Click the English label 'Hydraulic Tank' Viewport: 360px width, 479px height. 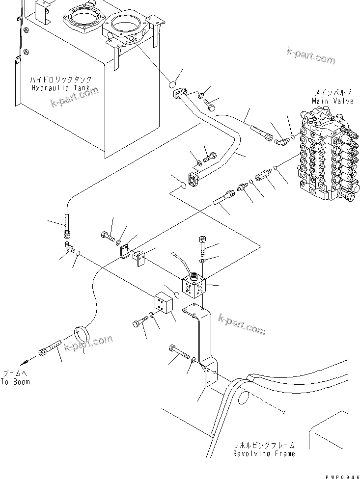61,88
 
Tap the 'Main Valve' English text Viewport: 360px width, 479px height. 332,101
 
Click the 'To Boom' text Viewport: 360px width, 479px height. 15,381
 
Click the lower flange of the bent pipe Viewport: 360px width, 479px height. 195,179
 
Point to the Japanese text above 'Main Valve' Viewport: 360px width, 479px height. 332,93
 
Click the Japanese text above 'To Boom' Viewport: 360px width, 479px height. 15,373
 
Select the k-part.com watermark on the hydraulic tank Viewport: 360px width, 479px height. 74,96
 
